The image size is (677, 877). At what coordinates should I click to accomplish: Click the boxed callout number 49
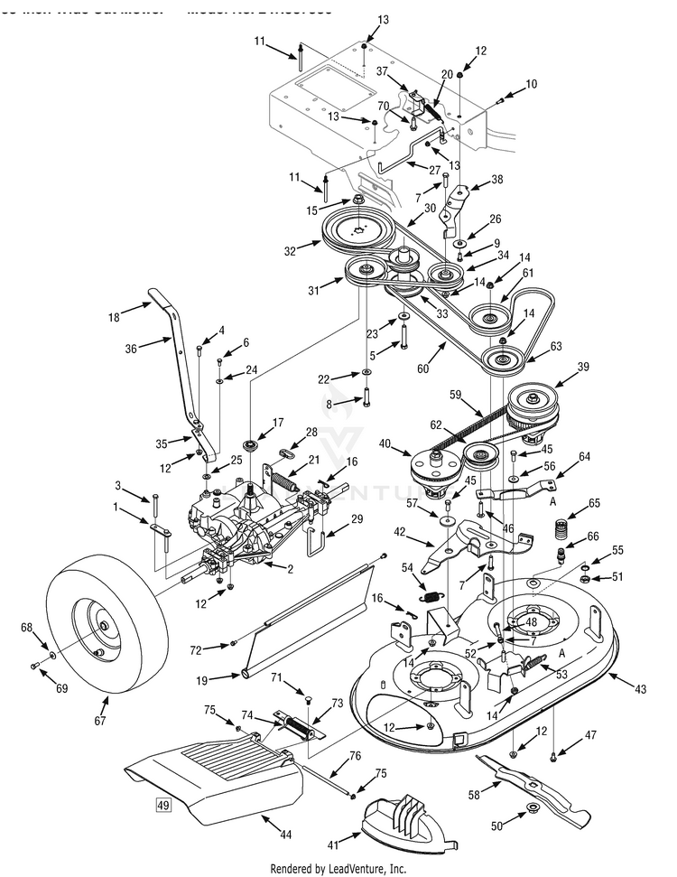tap(163, 806)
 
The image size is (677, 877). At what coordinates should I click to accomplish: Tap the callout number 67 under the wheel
tap(99, 720)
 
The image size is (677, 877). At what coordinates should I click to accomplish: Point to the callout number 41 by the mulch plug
tap(334, 844)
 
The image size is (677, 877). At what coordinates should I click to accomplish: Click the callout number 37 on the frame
tap(382, 71)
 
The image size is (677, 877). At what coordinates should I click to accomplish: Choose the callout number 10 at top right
tap(531, 84)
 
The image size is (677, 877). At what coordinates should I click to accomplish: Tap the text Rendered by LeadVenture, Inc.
tap(338, 868)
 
